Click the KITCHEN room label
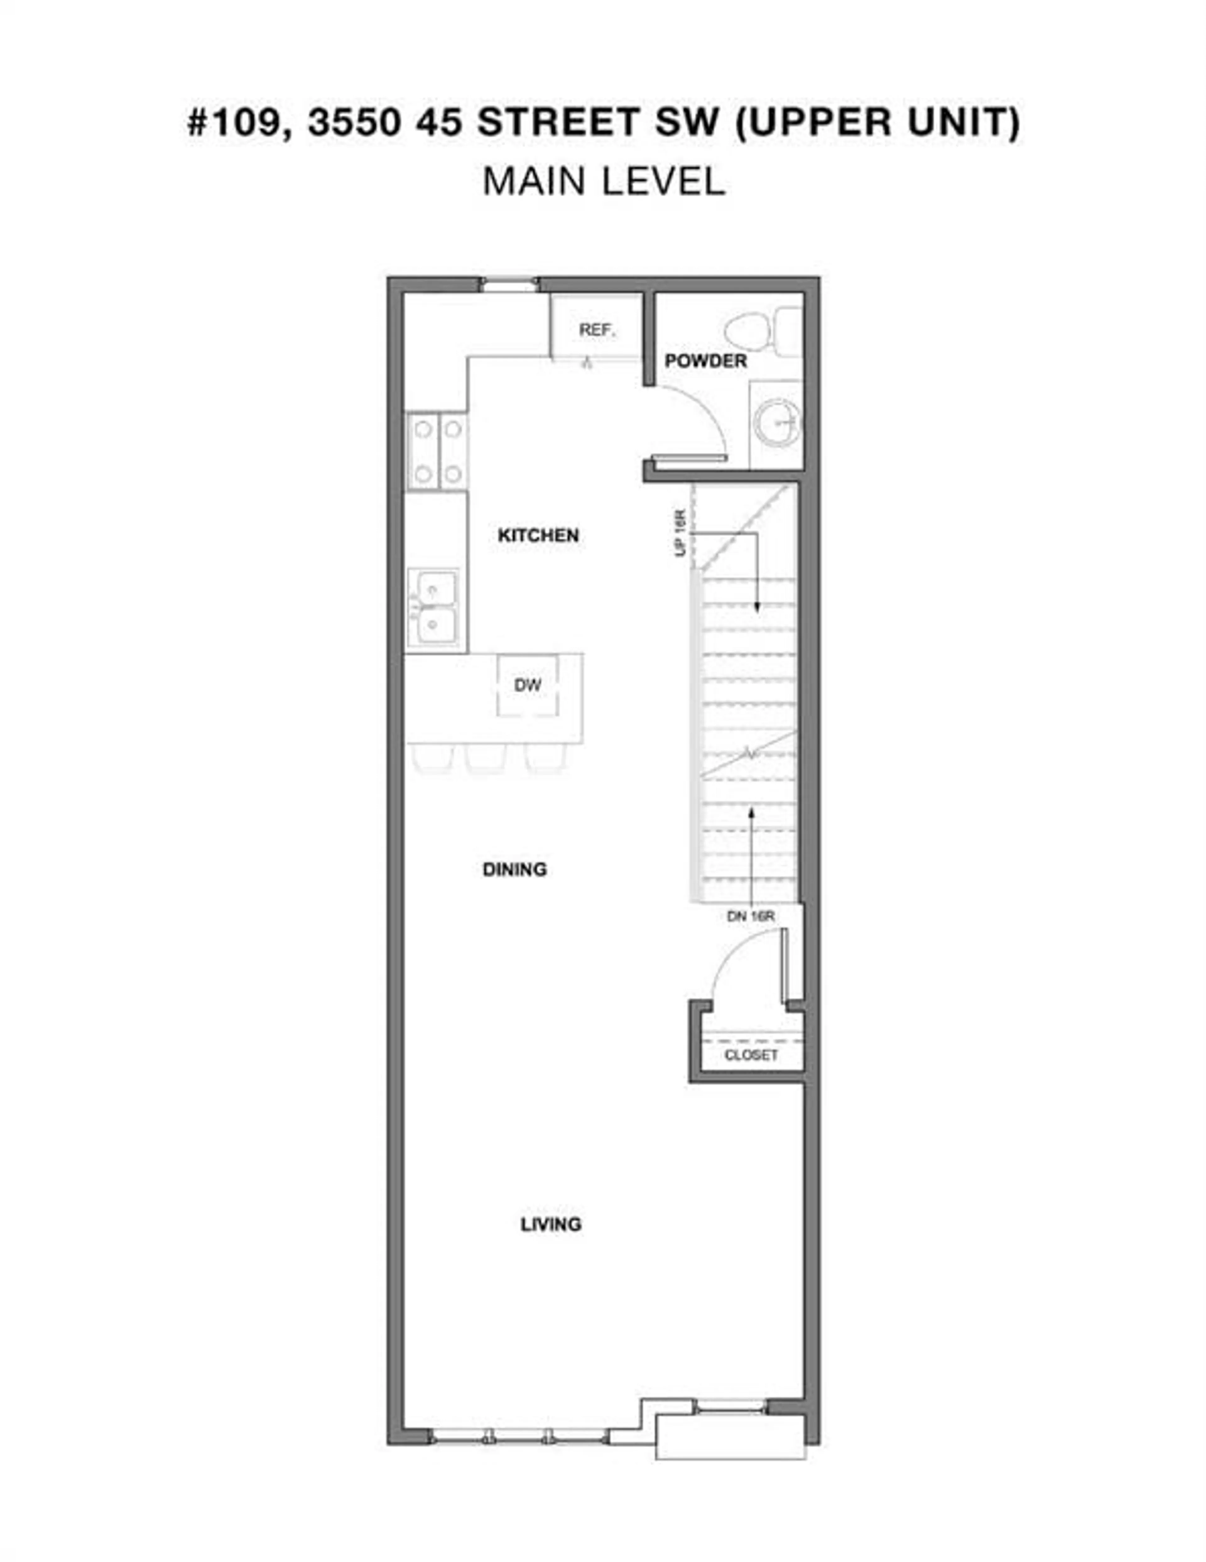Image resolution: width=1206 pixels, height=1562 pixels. coord(538,535)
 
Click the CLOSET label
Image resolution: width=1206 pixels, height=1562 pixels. coord(750,1055)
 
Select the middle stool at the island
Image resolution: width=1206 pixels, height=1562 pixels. coord(486,758)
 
